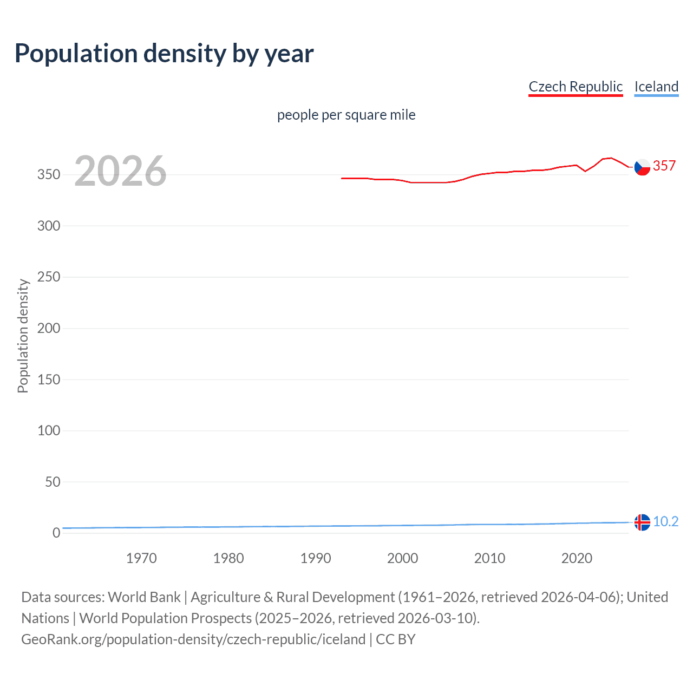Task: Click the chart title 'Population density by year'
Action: pos(164,54)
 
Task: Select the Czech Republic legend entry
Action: pos(576,87)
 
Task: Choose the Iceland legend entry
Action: pos(656,87)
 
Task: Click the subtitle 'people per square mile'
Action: pos(346,115)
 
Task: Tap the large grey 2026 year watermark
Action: pos(120,171)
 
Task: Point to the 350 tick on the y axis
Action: pos(49,175)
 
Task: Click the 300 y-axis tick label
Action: pos(49,226)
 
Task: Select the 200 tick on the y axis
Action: pos(49,328)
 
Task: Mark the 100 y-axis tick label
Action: pos(49,430)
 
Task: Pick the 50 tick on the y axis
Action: pos(53,482)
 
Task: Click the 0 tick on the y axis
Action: pos(56,533)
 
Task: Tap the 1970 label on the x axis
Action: pos(141,558)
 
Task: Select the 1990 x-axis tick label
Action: pos(316,558)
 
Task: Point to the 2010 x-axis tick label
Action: pos(489,558)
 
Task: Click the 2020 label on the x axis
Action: pos(577,558)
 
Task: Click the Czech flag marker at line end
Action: pos(642,167)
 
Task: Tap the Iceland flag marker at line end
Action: pos(642,522)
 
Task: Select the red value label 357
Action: pos(664,166)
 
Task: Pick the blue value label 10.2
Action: pos(665,521)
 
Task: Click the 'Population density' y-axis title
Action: pos(23,336)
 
